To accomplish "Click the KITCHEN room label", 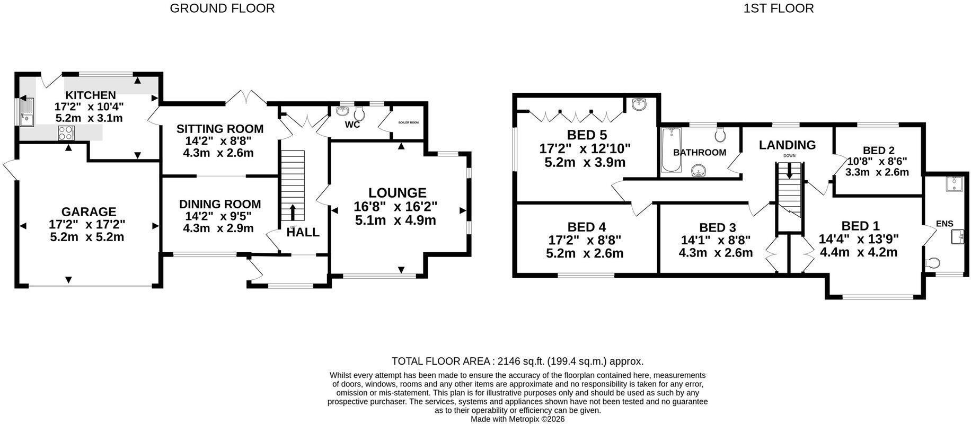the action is point(91,95).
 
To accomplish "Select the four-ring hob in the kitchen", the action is point(66,132).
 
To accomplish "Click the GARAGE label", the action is point(89,213).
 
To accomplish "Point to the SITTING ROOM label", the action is point(220,129).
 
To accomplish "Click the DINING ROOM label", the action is point(220,204).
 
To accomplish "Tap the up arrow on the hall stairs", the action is point(293,212).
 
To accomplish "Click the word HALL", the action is point(303,232).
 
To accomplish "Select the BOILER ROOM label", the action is point(409,122).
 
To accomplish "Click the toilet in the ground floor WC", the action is point(359,113).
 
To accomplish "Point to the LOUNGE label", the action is point(398,193).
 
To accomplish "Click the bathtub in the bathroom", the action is point(669,150).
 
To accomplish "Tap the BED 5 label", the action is point(587,135).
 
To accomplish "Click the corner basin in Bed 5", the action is point(638,104).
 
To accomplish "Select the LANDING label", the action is point(787,145).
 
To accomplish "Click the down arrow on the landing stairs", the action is point(790,171).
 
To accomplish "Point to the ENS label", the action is point(944,224).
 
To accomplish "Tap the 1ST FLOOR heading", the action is point(779,8).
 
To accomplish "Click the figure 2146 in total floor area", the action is point(510,361).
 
